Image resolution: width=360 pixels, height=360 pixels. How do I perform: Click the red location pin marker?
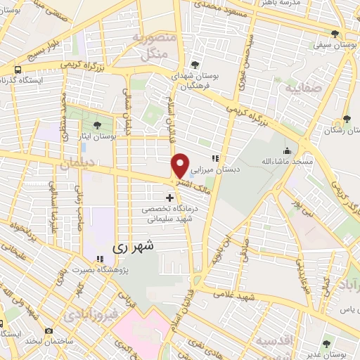[x=181, y=166]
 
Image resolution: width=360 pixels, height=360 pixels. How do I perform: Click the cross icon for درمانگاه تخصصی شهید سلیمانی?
[x=169, y=189]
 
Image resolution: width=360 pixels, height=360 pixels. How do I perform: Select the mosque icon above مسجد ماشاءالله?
[x=287, y=151]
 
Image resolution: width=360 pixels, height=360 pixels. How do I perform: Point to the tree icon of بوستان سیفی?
[x=337, y=34]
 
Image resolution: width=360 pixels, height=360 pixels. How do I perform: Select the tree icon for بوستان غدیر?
[x=325, y=345]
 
